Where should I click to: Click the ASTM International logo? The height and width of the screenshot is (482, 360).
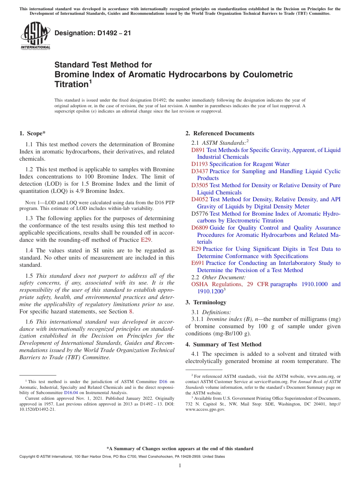tap(35, 36)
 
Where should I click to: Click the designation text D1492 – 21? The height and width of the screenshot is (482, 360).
tap(93, 33)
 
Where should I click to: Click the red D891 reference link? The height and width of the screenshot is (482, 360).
tap(198, 150)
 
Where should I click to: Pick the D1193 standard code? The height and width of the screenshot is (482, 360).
tap(200, 164)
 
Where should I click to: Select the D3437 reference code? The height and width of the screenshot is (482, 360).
tap(200, 171)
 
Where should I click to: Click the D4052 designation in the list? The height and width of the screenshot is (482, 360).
tap(200, 199)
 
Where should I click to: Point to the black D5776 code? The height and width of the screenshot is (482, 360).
tap(200, 214)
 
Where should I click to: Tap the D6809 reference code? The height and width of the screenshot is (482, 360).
tap(200, 228)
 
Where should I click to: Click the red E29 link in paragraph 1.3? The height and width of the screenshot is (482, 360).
tap(146, 240)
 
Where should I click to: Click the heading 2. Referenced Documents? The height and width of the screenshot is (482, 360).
tap(220, 133)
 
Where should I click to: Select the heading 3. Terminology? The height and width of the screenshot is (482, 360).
tap(206, 302)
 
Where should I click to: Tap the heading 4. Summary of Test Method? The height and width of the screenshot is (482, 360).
tap(223, 344)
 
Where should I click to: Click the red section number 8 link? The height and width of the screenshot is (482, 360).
tap(131, 311)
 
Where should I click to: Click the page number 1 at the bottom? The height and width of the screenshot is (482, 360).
tap(180, 465)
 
